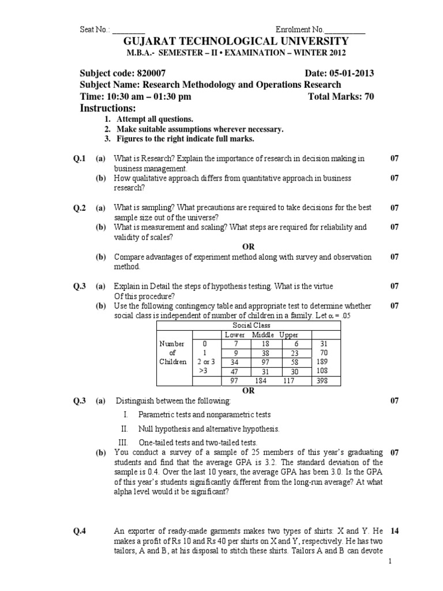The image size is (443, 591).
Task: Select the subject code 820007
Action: click(152, 73)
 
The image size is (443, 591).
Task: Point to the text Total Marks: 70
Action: click(341, 96)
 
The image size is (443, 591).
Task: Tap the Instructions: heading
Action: click(107, 109)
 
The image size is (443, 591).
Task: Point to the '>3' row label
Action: click(202, 371)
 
